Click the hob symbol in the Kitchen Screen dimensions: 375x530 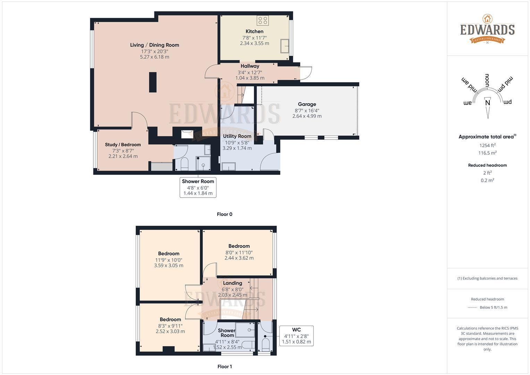[262, 20]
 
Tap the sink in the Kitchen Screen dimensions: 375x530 [285, 46]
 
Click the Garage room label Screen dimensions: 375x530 [307, 104]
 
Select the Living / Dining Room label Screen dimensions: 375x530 [154, 45]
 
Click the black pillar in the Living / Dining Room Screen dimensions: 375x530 [153, 82]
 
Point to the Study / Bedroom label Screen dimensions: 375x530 [123, 145]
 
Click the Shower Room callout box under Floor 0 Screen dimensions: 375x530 [198, 187]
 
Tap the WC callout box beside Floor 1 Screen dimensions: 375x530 [296, 335]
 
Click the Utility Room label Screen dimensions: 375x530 [237, 136]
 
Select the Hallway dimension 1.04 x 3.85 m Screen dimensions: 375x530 [250, 78]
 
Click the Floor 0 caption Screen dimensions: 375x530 [225, 214]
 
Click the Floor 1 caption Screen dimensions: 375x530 [225, 366]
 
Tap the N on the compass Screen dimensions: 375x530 [487, 103]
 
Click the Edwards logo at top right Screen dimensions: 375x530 [487, 30]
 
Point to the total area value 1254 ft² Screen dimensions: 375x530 [487, 145]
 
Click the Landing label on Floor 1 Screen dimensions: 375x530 [232, 283]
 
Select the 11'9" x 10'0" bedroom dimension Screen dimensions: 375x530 [169, 260]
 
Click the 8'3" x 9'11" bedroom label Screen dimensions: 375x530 [170, 319]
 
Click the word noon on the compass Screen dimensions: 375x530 [487, 81]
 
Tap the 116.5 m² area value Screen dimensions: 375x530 [487, 153]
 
